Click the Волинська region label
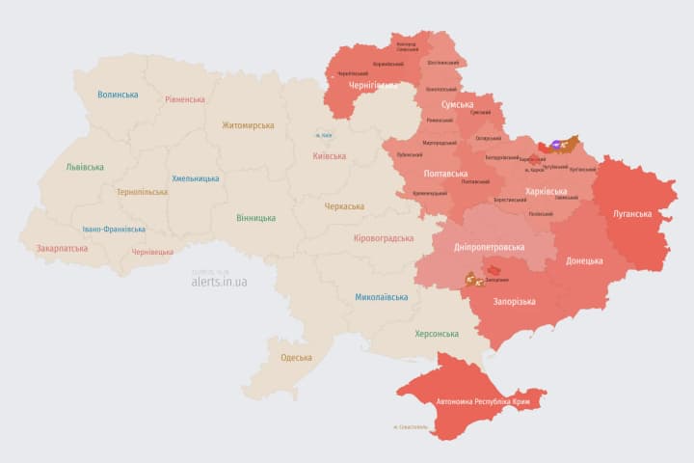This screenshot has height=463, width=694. (x=118, y=95)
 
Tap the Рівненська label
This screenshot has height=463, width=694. (x=185, y=99)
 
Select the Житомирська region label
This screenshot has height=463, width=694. (x=248, y=125)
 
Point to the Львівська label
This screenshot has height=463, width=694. (x=85, y=167)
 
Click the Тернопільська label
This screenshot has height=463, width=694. (x=142, y=192)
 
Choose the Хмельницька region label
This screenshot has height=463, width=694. (x=196, y=178)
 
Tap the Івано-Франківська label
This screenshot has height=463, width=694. (x=114, y=229)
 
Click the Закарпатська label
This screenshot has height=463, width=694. (x=62, y=248)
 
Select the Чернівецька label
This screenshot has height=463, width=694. (x=152, y=252)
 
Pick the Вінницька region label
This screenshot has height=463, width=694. (x=255, y=218)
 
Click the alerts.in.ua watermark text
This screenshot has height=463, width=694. (x=219, y=282)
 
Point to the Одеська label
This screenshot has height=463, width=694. (x=296, y=358)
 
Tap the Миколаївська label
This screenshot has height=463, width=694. (x=381, y=297)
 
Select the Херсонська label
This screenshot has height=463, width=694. (x=436, y=333)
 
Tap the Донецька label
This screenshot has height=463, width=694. (x=584, y=260)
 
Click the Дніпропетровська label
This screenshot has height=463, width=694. (x=490, y=247)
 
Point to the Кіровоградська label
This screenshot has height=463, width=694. (x=384, y=238)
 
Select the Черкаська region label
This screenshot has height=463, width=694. (x=344, y=206)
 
